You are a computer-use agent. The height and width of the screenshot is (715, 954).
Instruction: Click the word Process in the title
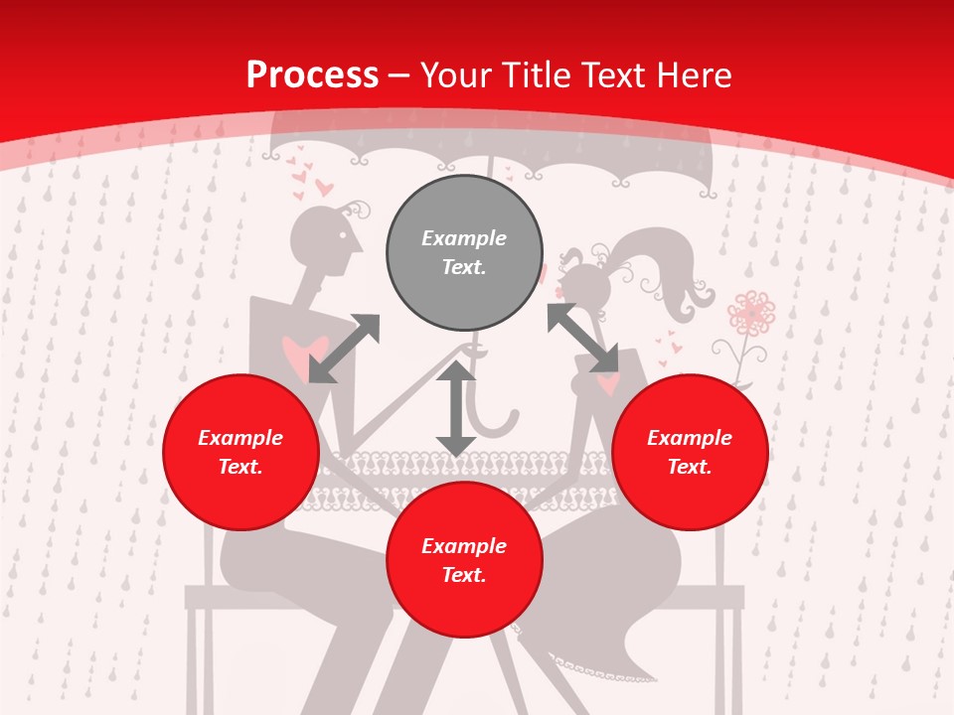(x=312, y=75)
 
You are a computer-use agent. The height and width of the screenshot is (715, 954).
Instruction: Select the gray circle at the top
(x=464, y=252)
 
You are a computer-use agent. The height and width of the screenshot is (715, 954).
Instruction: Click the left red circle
(x=240, y=452)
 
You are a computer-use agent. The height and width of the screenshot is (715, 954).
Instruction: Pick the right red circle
(x=690, y=452)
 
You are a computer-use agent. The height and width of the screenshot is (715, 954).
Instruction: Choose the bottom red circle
(x=464, y=560)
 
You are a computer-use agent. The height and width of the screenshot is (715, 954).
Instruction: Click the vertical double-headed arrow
(x=456, y=408)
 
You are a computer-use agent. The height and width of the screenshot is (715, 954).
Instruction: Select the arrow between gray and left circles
(x=344, y=349)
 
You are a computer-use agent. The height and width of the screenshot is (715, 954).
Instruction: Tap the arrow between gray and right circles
(x=582, y=339)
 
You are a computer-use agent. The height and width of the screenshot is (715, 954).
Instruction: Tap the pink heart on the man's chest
(x=304, y=354)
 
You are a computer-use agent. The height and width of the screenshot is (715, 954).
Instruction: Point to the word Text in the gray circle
(x=464, y=268)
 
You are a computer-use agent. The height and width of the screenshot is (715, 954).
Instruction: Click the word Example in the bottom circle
(x=464, y=545)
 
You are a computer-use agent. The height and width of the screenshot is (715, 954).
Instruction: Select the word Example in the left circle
(x=240, y=437)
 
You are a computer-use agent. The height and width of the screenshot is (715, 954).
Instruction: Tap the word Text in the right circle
(x=690, y=467)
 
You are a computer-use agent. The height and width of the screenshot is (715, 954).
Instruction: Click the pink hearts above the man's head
(x=311, y=182)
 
